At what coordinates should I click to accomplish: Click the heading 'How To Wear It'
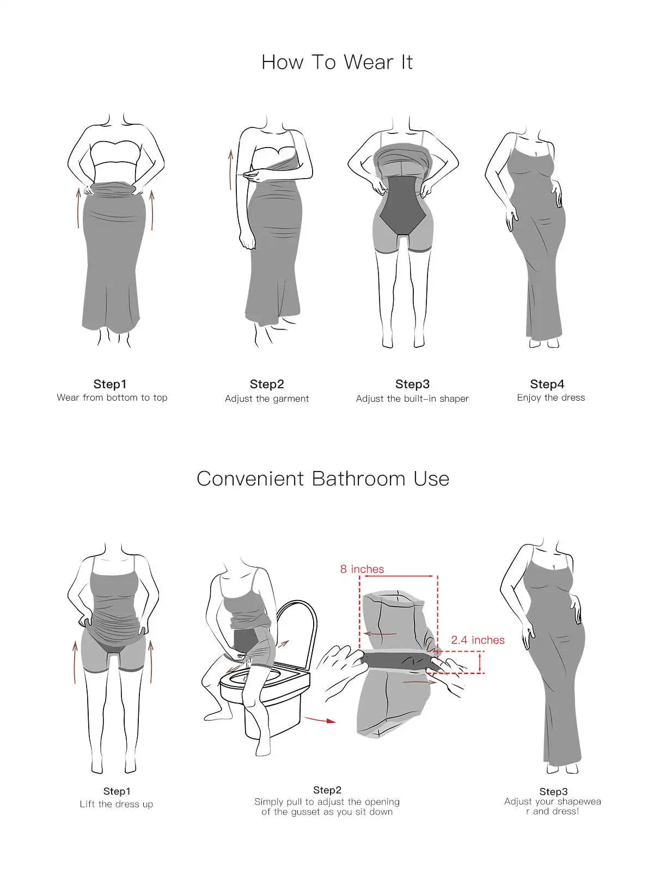click(337, 63)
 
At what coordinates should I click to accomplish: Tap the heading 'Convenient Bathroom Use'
click(323, 479)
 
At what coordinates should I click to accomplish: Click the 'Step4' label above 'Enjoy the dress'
click(547, 384)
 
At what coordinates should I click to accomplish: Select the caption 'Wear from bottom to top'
click(112, 397)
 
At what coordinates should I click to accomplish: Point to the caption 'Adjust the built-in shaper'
click(412, 399)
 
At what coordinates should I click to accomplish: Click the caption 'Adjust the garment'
click(267, 399)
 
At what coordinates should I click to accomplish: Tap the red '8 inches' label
click(362, 569)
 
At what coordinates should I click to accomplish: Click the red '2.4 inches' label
click(478, 640)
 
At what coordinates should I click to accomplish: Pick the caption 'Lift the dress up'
click(117, 804)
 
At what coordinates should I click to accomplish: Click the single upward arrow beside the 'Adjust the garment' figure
click(230, 170)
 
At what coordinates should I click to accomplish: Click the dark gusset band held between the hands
click(399, 662)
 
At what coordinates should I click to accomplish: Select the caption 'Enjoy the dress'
click(551, 397)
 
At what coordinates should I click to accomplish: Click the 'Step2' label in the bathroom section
click(327, 790)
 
